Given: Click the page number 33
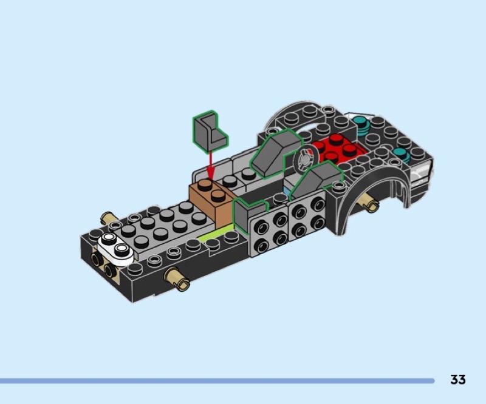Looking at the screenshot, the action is [458, 380].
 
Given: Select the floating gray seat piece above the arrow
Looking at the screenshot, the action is [210, 132].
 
